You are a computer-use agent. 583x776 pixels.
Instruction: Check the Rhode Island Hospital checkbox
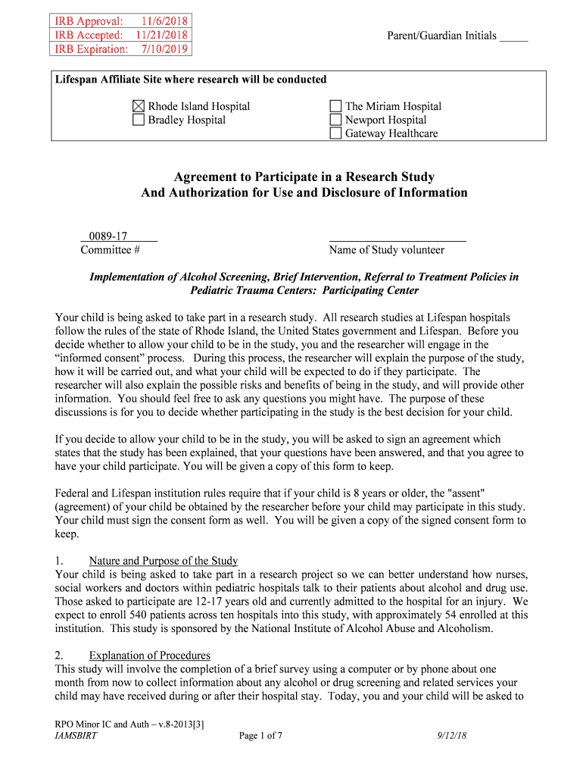(x=139, y=107)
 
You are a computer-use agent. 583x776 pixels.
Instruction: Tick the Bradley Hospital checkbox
(x=139, y=120)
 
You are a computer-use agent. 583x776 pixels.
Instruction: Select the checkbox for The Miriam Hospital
(x=336, y=107)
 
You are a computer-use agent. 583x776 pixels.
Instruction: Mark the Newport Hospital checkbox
(x=336, y=120)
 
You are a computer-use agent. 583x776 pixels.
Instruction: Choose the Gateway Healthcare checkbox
(x=336, y=133)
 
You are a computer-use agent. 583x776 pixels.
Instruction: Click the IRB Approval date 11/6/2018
(x=164, y=20)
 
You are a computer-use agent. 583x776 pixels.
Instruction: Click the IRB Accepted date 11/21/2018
(x=162, y=35)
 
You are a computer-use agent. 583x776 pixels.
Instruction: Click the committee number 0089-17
(x=108, y=236)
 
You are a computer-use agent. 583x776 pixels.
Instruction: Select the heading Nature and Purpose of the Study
(x=164, y=561)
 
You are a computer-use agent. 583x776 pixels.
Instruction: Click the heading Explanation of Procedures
(x=150, y=656)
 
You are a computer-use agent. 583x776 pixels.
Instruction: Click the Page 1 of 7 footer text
(x=260, y=735)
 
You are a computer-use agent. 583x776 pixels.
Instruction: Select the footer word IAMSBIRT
(x=76, y=735)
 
